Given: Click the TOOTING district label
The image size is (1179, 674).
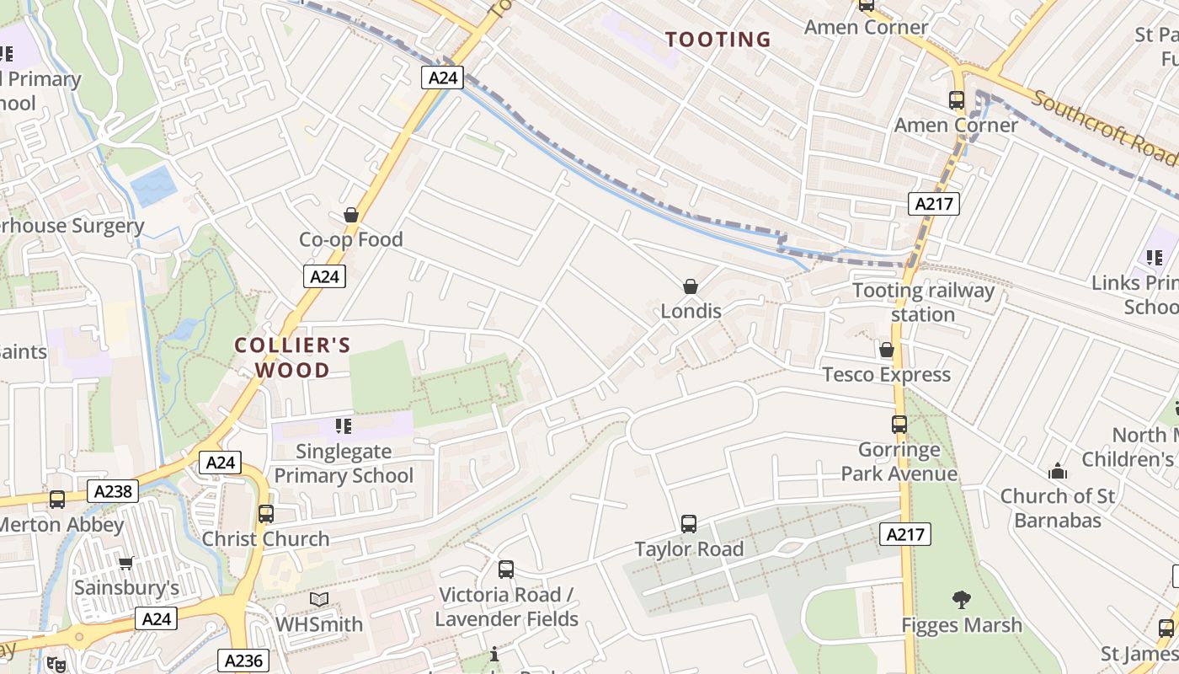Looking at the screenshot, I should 718,40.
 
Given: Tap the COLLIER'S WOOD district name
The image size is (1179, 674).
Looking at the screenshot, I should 292,357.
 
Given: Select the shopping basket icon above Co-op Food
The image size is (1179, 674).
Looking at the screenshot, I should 351,216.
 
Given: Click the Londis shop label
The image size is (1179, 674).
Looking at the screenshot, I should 691,311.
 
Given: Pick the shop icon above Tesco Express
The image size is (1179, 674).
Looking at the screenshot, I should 886,350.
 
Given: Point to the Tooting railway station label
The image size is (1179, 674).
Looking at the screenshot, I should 923,302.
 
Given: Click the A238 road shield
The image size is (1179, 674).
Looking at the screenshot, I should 112,491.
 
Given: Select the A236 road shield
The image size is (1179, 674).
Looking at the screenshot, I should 243,661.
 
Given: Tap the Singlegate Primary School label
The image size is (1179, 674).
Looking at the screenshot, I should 344,463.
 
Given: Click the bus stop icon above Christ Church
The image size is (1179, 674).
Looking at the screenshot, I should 266,513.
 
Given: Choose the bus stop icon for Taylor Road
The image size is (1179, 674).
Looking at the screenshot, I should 689,524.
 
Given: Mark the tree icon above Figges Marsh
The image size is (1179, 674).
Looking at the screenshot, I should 961,600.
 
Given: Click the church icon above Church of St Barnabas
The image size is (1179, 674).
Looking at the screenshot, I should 1057,471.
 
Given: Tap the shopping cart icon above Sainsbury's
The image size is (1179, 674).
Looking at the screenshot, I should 126,562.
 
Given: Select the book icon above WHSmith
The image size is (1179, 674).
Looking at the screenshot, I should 319,599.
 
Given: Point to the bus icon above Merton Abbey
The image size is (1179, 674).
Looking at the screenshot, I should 57,499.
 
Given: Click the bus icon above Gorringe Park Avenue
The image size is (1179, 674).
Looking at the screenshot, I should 899,425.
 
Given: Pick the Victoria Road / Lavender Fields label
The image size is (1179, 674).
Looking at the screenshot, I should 506,607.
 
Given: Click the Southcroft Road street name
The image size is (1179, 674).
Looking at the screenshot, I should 1103,127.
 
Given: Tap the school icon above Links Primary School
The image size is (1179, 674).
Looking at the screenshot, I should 1154,257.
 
